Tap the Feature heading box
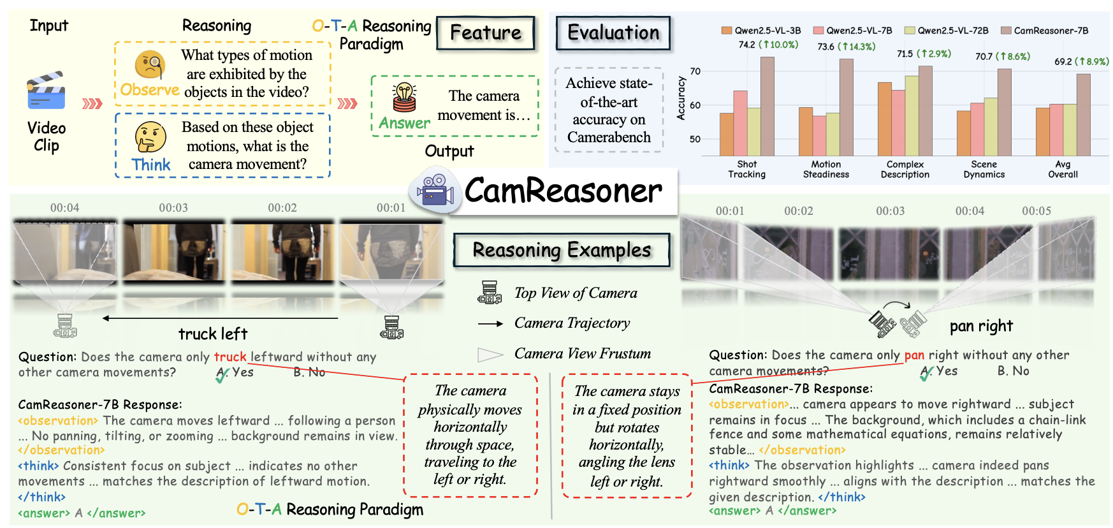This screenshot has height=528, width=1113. (x=485, y=33)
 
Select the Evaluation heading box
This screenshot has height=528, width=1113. (x=613, y=33)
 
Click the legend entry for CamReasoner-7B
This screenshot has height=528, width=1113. (x=1045, y=31)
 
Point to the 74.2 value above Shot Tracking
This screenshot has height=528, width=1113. (x=746, y=45)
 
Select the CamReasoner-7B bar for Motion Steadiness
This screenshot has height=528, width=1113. (x=846, y=107)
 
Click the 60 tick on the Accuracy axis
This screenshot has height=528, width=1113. (x=695, y=105)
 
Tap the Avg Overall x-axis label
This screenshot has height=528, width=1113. (x=1063, y=169)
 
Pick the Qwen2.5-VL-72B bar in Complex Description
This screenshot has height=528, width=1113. (x=912, y=115)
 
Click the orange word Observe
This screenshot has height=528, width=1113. (x=149, y=90)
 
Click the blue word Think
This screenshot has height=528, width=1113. (x=151, y=165)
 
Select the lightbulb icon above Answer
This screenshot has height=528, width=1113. (x=404, y=97)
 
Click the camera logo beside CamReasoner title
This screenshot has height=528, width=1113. (x=435, y=189)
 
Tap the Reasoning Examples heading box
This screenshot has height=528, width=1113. (x=562, y=250)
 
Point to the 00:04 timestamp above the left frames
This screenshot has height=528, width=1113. (x=65, y=208)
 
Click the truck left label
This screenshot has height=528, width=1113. (x=212, y=334)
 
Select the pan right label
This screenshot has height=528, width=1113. (x=980, y=326)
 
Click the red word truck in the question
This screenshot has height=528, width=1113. (x=229, y=357)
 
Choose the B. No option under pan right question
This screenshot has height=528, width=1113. (x=1013, y=371)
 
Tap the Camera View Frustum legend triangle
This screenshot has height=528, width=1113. (x=490, y=355)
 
